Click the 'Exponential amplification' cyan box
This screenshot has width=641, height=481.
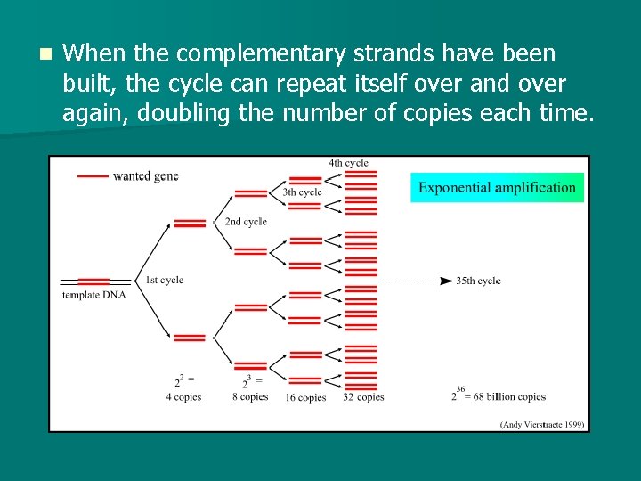tap(497, 187)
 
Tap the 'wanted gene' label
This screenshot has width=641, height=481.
tap(146, 175)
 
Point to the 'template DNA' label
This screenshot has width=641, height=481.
tap(93, 295)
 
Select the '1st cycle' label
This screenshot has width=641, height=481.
tap(164, 280)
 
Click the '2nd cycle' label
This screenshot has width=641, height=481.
tap(246, 222)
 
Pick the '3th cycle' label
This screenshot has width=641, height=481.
tap(303, 192)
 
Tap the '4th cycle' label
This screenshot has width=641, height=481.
tap(348, 163)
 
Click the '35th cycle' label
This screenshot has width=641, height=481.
tap(478, 281)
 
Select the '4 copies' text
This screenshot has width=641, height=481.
tap(183, 397)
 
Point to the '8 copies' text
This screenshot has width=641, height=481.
tap(250, 397)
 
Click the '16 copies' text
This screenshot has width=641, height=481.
tap(305, 397)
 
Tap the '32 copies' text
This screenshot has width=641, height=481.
tap(363, 397)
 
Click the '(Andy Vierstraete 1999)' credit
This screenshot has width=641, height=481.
tap(542, 424)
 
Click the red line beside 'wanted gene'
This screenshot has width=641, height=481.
tap(93, 176)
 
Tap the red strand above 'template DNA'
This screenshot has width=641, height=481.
tap(93, 281)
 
